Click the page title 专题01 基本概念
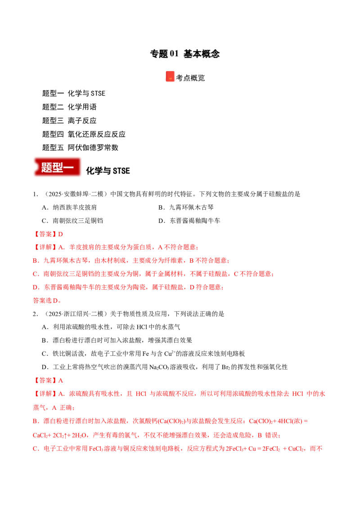pos(185,54)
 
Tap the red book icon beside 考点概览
pos(170,76)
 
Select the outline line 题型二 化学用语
pos(69,107)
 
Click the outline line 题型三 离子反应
pos(69,121)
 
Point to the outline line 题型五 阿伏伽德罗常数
pos(80,147)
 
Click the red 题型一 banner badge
pos(57,167)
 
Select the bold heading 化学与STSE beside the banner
pos(108,171)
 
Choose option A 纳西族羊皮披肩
pos(69,207)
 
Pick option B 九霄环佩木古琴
pos(186,207)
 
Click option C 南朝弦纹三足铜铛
pos(72,221)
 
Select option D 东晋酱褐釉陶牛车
pos(189,221)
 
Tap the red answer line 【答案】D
pos(48,234)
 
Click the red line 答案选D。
pos(47,301)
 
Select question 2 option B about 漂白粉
pos(117,340)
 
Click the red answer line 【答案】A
pos(48,380)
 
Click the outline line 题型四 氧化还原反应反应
pos(84,134)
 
